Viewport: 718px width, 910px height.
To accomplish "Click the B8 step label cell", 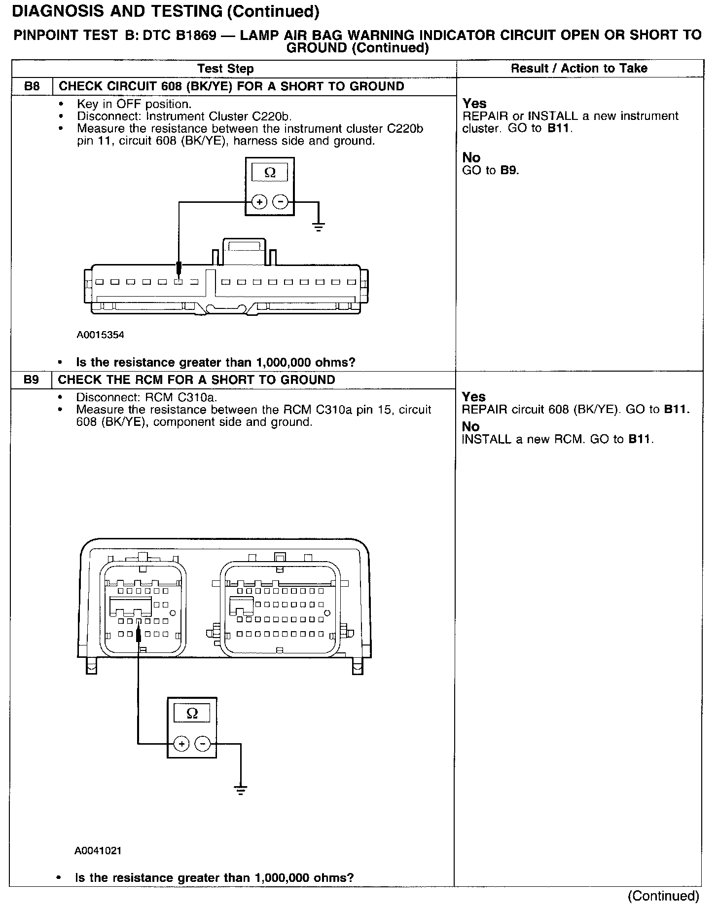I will [x=32, y=86].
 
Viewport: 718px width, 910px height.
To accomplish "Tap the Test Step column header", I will [x=225, y=69].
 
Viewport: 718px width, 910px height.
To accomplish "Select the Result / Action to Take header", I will [x=579, y=68].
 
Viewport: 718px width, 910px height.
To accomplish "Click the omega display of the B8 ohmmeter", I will [x=270, y=173].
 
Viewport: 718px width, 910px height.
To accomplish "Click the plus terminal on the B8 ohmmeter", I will [x=259, y=202].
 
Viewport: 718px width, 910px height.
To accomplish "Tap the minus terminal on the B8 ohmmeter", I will [x=281, y=202].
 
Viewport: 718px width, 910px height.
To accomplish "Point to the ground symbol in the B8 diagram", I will [x=319, y=227].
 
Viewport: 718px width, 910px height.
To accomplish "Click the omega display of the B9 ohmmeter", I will [x=192, y=713].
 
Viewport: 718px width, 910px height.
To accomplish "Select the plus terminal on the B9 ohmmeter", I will [x=181, y=744].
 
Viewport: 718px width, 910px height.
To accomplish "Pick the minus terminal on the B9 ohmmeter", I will [x=203, y=744].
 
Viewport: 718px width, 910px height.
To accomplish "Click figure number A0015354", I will [x=100, y=335].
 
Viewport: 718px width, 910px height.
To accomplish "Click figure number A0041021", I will [x=98, y=851].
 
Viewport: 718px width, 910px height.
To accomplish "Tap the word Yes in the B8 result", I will [x=474, y=104].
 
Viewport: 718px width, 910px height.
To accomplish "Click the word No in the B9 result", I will [x=470, y=426].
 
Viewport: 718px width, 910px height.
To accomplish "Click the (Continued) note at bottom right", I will [x=664, y=896].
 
